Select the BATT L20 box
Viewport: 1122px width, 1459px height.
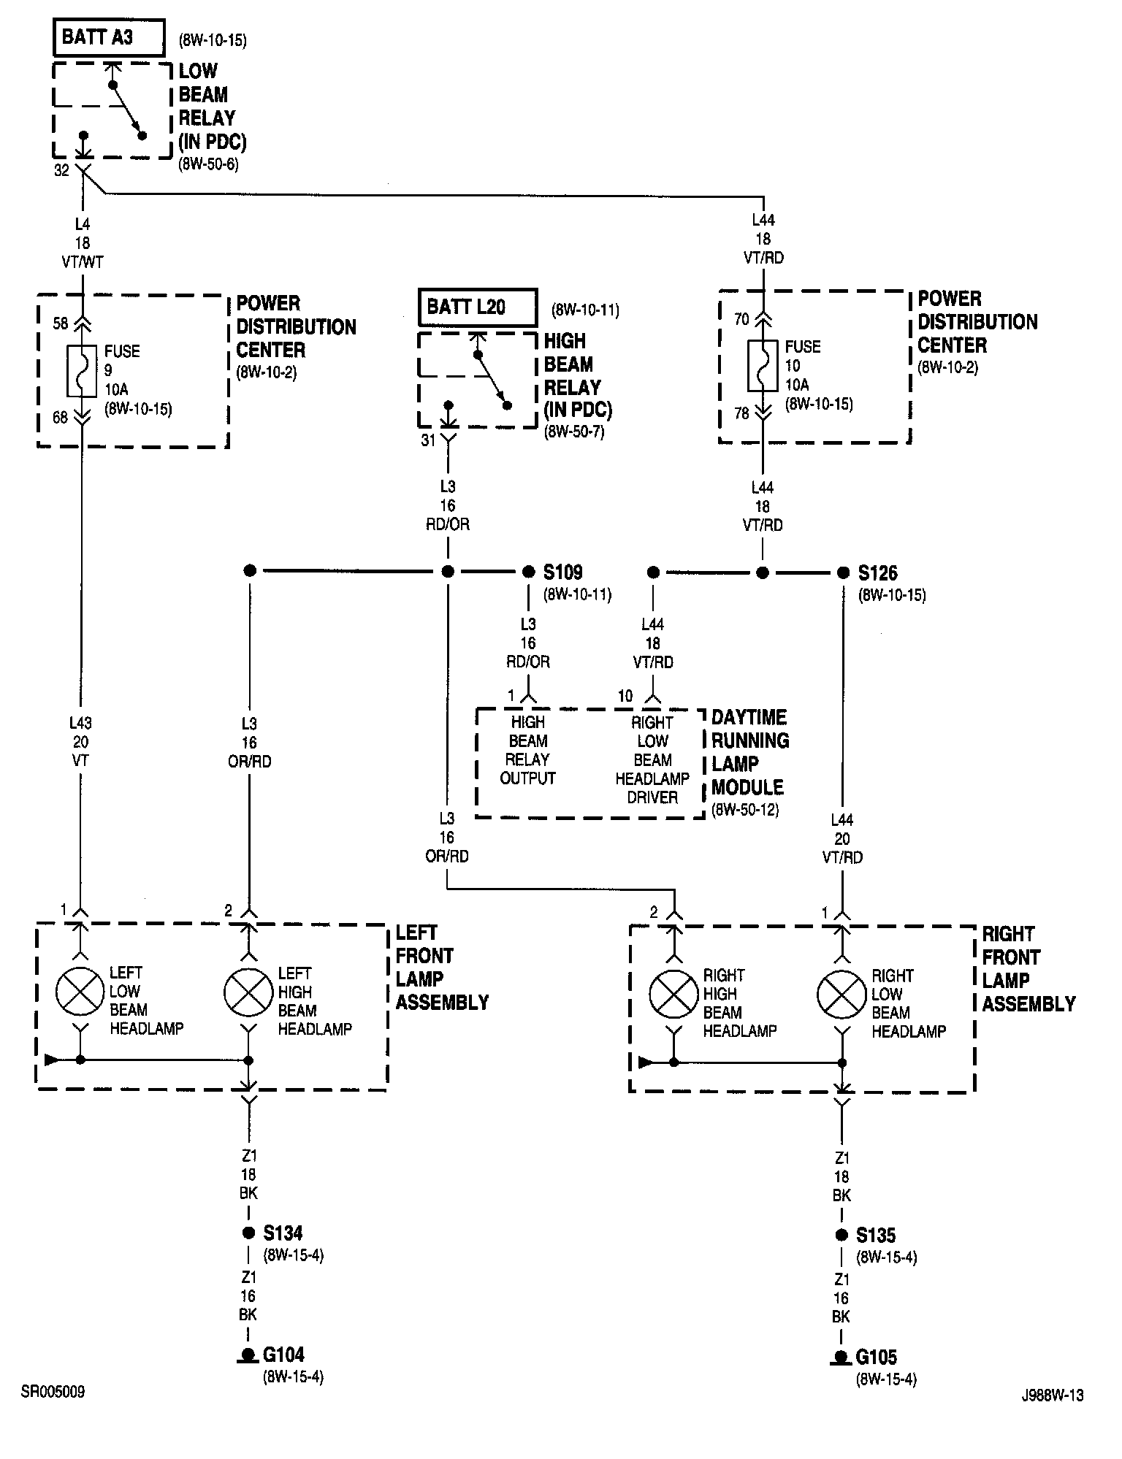click(478, 307)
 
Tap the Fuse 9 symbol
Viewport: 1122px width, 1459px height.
click(81, 370)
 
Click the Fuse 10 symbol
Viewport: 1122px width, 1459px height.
click(763, 365)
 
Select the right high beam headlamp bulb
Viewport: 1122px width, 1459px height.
click(673, 995)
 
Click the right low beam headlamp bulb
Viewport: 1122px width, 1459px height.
click(841, 995)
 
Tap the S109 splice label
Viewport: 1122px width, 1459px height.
click(562, 573)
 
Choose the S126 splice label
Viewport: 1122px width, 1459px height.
click(877, 574)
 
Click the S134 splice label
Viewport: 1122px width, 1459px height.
click(283, 1233)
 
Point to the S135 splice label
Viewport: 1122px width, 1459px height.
click(876, 1236)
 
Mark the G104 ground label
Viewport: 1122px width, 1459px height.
click(283, 1355)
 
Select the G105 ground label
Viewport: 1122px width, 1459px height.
click(876, 1357)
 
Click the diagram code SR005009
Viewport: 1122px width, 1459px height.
click(53, 1392)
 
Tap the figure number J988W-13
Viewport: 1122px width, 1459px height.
click(1052, 1395)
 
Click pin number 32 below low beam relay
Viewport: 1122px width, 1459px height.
click(62, 170)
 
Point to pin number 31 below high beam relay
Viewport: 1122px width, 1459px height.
click(428, 440)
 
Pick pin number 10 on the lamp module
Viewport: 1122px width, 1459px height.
click(625, 696)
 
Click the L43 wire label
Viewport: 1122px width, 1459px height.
click(80, 723)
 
